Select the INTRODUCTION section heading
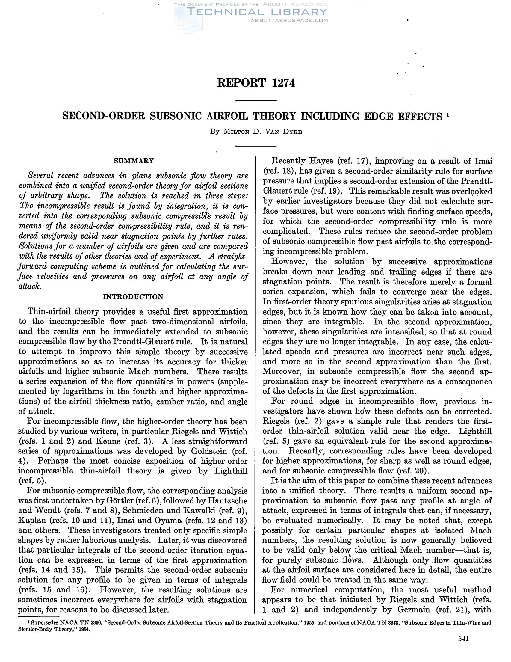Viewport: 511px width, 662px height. pyautogui.click(x=133, y=296)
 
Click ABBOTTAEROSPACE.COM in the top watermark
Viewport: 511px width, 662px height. pyautogui.click(x=289, y=21)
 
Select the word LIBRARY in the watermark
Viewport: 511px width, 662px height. pyautogui.click(x=298, y=12)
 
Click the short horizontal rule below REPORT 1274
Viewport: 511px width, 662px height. pyautogui.click(x=256, y=101)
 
